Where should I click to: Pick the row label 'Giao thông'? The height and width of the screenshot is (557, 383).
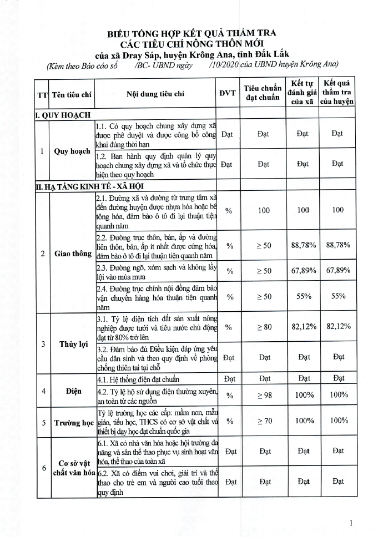click(x=73, y=254)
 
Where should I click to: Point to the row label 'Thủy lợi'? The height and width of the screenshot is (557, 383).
click(x=73, y=344)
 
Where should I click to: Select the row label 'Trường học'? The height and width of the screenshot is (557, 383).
click(x=73, y=423)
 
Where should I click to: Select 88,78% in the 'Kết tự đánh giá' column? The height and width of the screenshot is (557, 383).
click(x=303, y=245)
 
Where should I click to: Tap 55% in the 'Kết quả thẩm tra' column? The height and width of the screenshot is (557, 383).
click(x=337, y=296)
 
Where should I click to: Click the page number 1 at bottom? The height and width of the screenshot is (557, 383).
click(x=351, y=523)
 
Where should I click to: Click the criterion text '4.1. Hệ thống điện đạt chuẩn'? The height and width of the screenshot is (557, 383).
click(x=138, y=380)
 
